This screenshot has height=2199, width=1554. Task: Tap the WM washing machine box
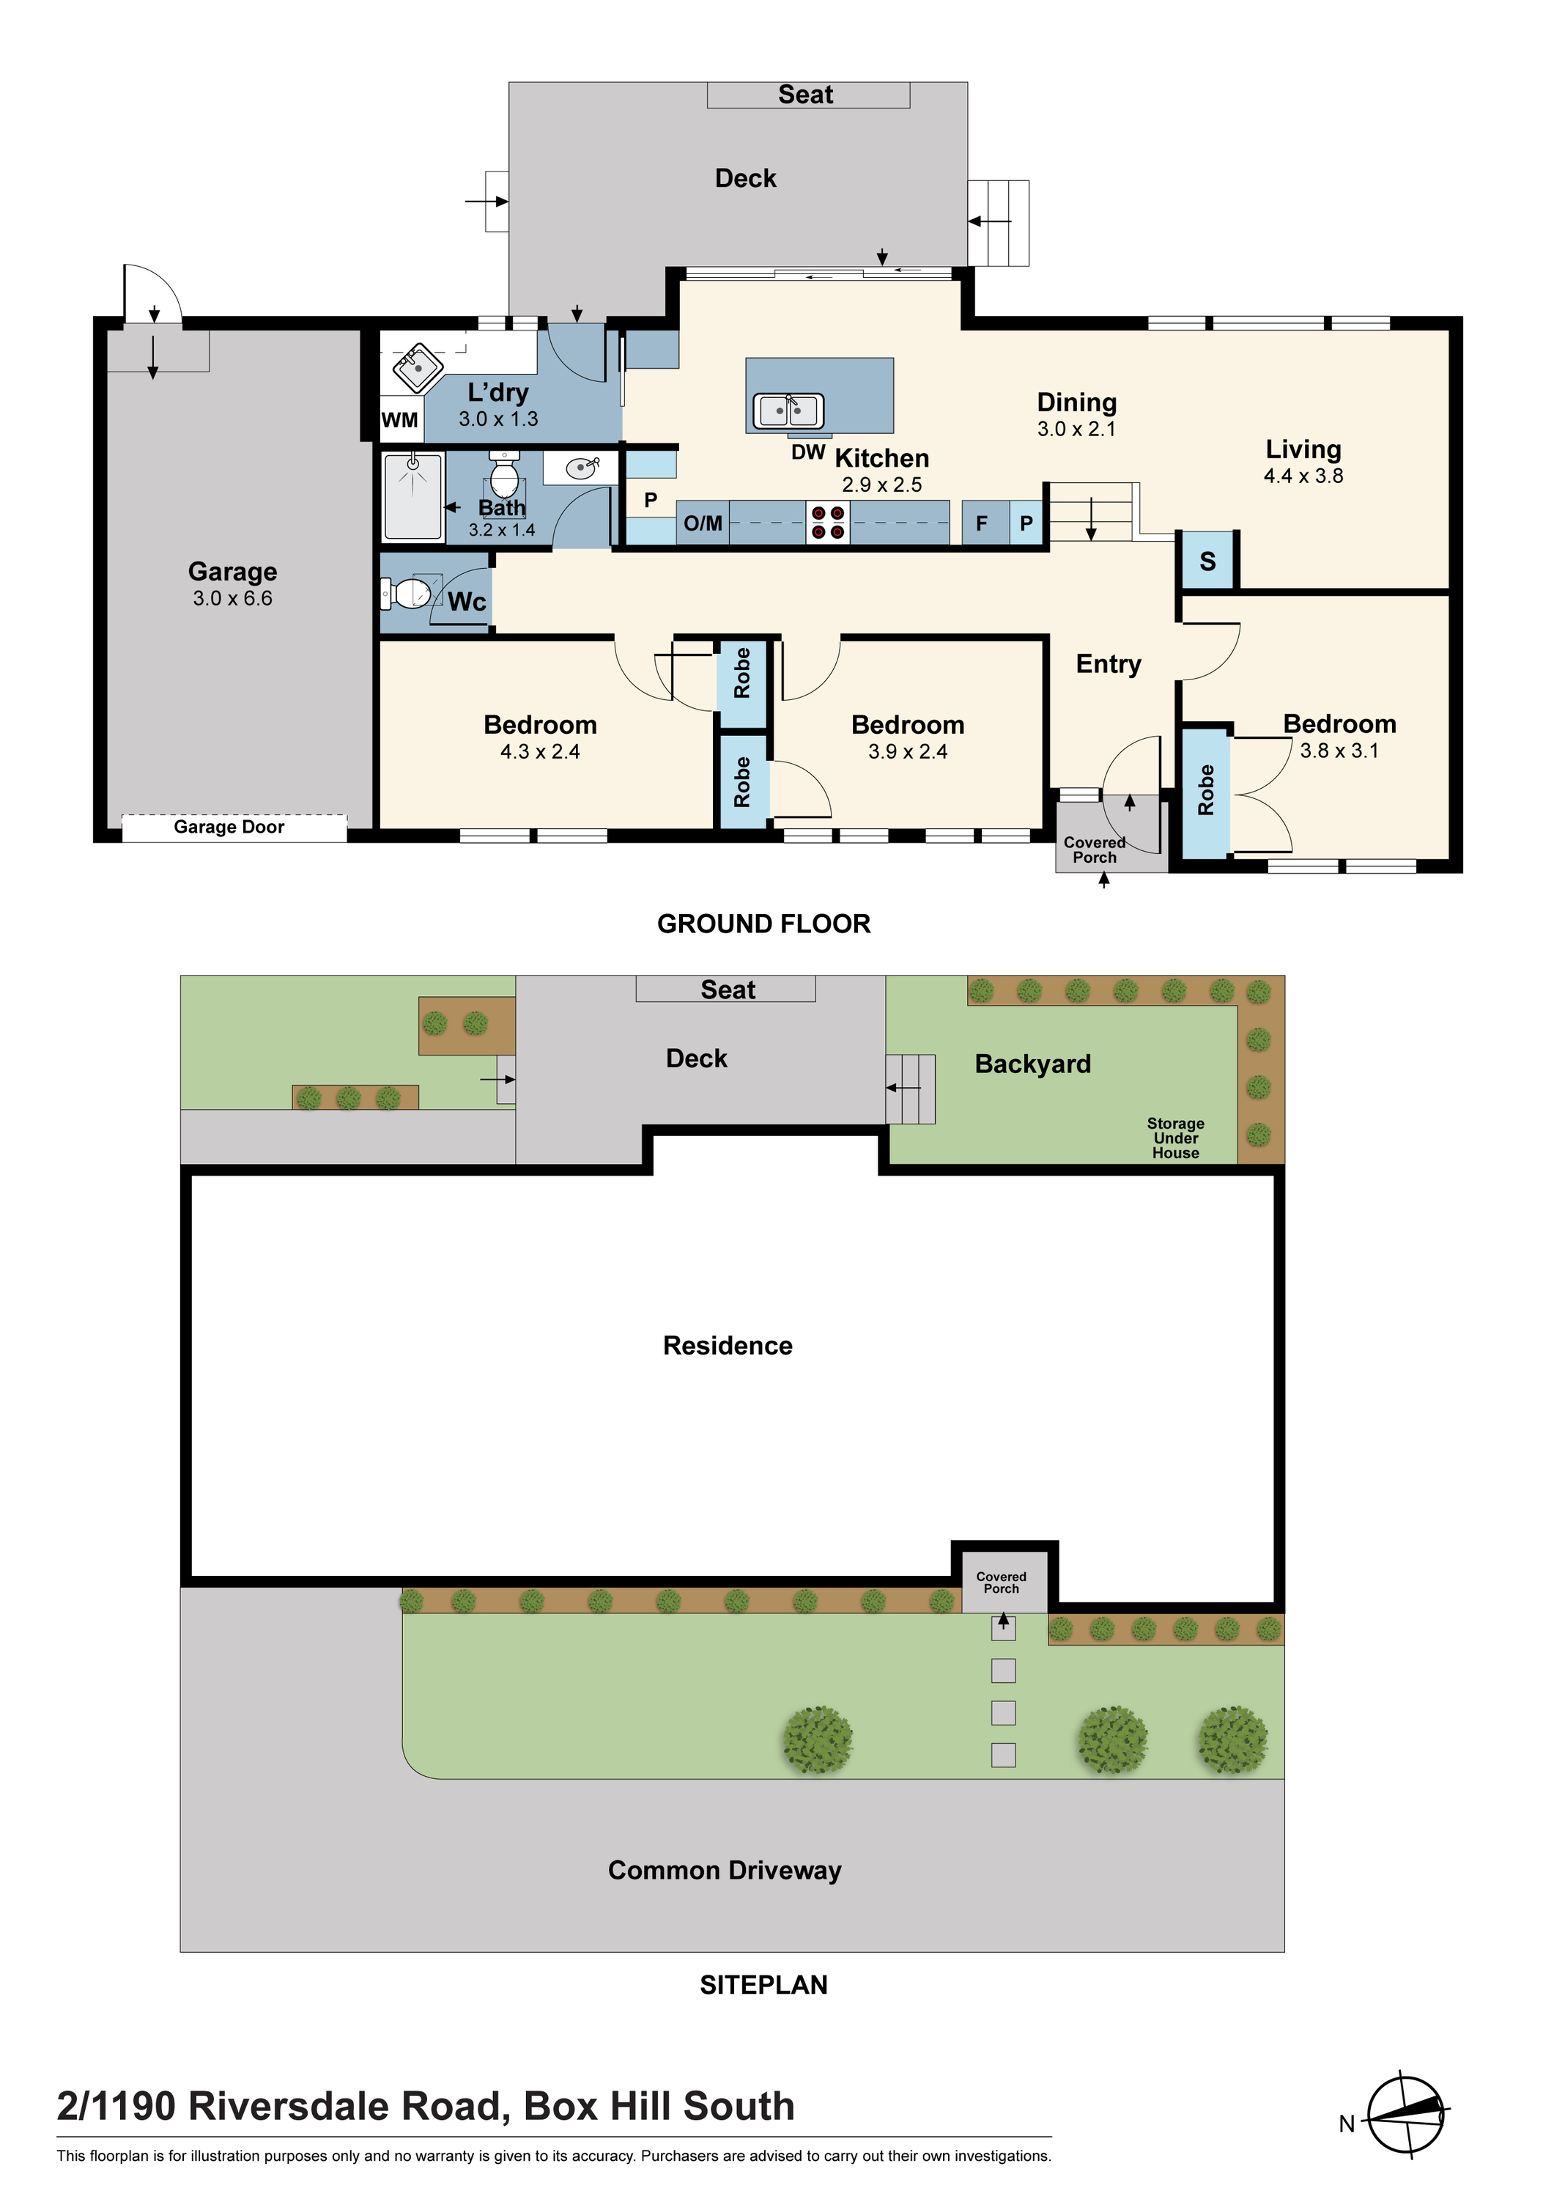pos(400,419)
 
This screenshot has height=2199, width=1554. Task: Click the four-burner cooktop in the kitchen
pos(828,523)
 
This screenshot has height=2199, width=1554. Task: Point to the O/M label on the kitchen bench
pos(703,523)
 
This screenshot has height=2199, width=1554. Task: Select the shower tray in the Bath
pos(414,497)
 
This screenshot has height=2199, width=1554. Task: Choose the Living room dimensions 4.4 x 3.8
pos(1303,476)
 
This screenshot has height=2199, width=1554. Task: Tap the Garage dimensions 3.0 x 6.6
pos(233,599)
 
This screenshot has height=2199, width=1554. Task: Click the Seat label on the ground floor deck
pos(805,95)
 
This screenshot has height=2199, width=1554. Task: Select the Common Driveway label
pos(725,1871)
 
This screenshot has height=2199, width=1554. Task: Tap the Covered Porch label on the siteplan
pos(1002,1583)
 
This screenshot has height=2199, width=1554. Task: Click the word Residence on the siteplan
pos(728,1346)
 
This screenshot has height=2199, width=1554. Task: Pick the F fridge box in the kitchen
pos(982,523)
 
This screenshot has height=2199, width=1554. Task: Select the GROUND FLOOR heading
pos(764,924)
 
